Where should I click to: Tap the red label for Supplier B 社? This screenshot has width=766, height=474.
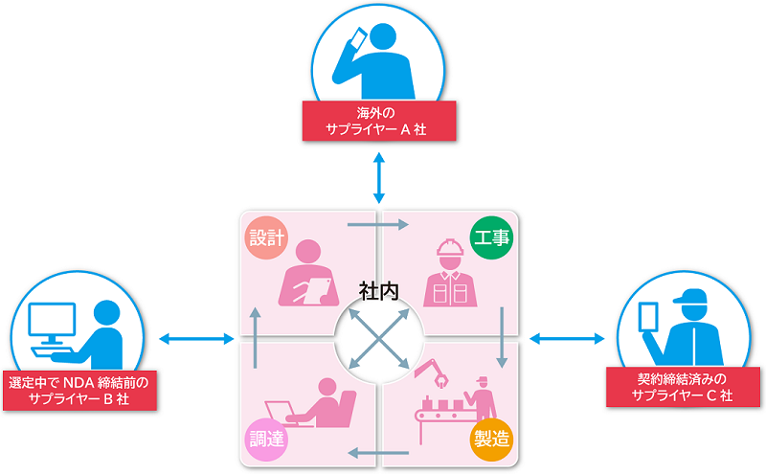[80, 390]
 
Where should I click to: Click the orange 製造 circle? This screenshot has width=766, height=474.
[490, 439]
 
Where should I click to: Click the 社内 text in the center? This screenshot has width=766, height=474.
[379, 288]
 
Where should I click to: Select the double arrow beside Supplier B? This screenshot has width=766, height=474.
[197, 338]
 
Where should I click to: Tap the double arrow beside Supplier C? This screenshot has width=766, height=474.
[566, 337]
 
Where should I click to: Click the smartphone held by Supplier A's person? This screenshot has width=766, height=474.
[358, 38]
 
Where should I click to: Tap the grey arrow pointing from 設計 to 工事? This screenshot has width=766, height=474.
[379, 225]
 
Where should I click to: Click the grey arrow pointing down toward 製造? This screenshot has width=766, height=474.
[502, 338]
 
